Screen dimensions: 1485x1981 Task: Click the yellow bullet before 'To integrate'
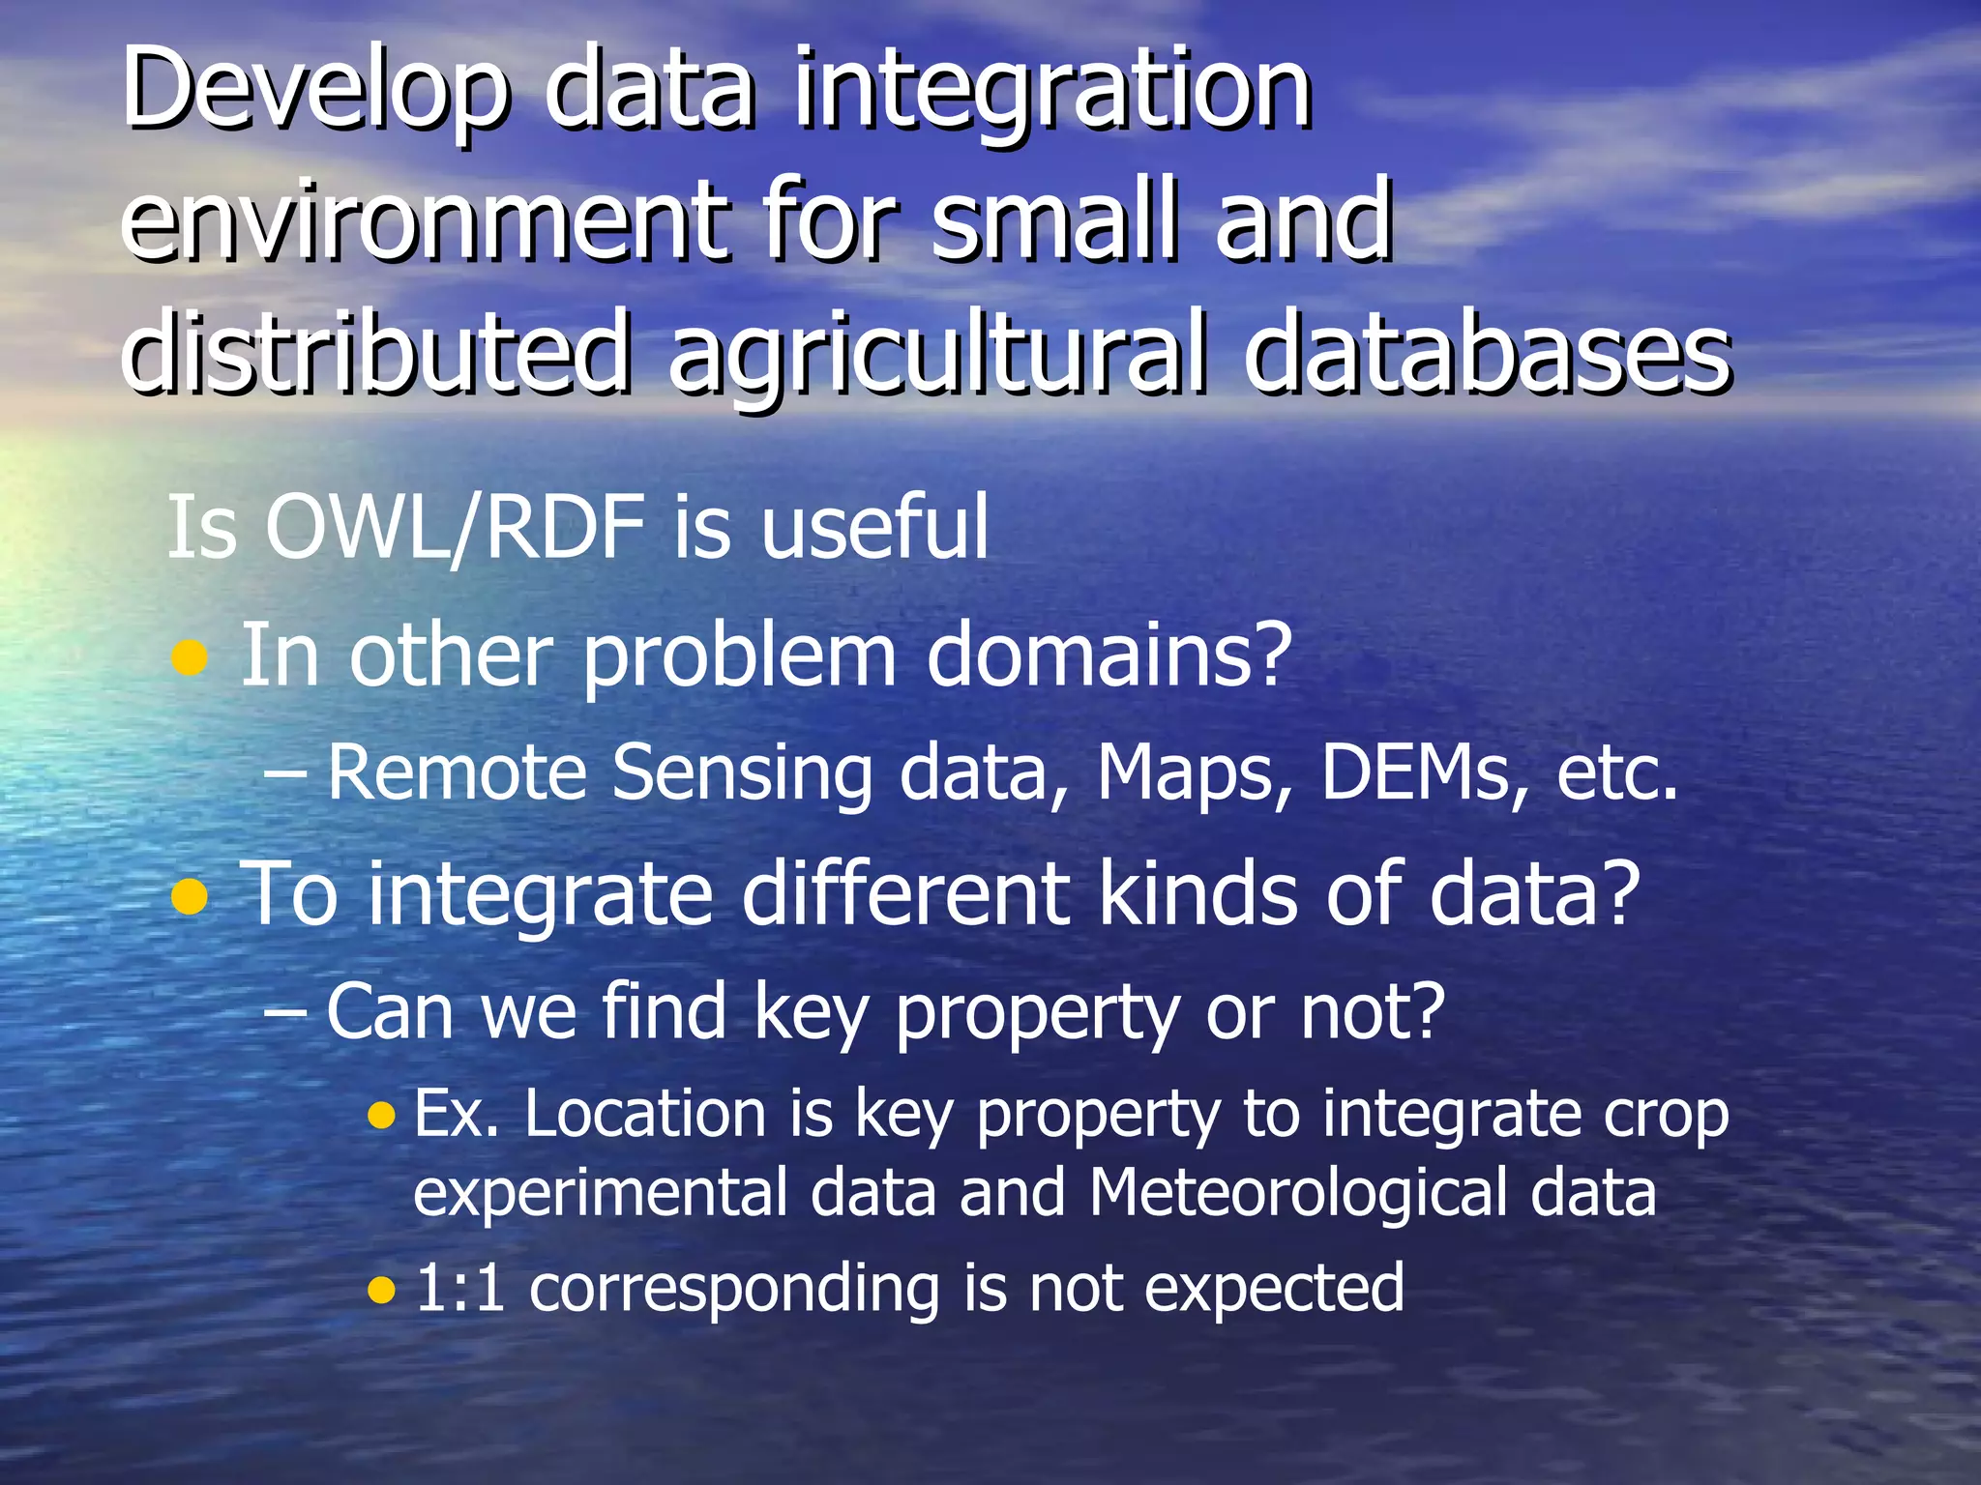coord(190,896)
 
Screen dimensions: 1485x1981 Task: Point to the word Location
coord(646,1114)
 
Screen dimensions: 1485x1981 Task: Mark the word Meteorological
coord(1297,1193)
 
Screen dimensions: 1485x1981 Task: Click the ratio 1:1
coord(460,1288)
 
